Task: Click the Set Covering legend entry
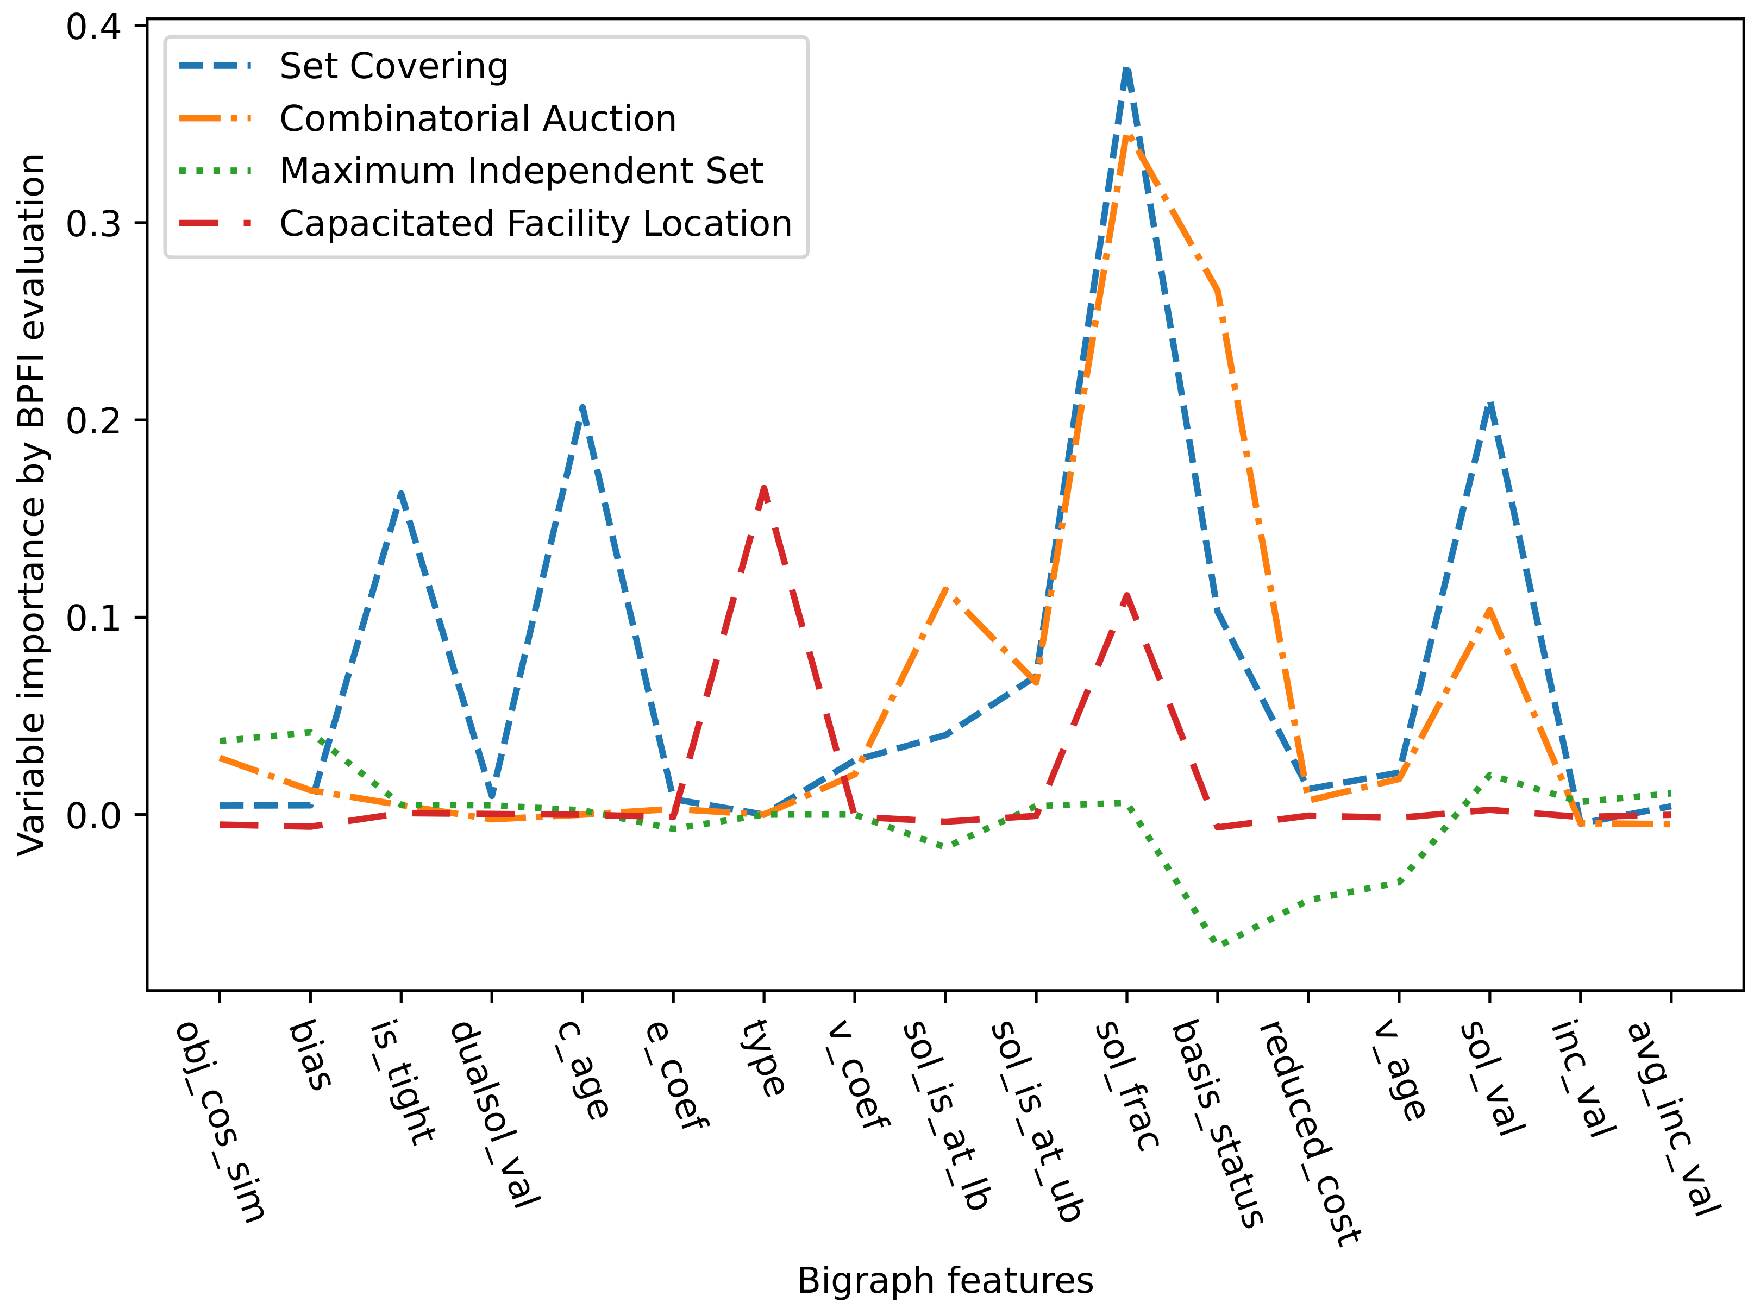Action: pyautogui.click(x=393, y=67)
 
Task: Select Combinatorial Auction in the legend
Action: pyautogui.click(x=478, y=119)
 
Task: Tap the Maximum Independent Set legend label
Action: pyautogui.click(x=521, y=171)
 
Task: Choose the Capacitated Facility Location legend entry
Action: pyautogui.click(x=535, y=224)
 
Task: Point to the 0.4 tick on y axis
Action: pyautogui.click(x=93, y=27)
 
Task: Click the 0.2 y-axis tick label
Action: pyautogui.click(x=93, y=420)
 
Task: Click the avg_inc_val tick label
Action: pyautogui.click(x=1672, y=1118)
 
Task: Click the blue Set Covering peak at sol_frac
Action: pyautogui.click(x=1127, y=70)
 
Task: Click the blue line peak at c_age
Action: pyautogui.click(x=583, y=407)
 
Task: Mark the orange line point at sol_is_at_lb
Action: pyautogui.click(x=945, y=589)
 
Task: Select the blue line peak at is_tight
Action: pyautogui.click(x=401, y=494)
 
